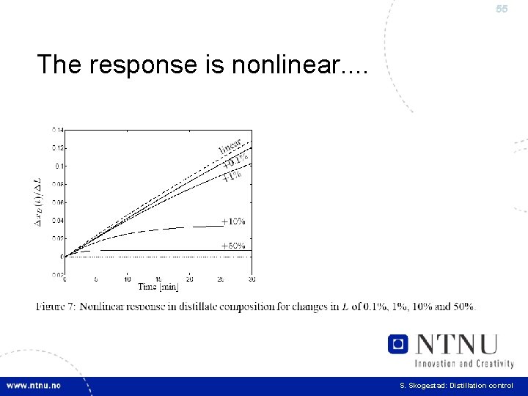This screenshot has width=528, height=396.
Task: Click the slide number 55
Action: pyautogui.click(x=502, y=10)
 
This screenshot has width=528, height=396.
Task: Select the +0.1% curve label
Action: pyautogui.click(x=235, y=161)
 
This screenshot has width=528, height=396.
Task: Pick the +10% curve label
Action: pyautogui.click(x=233, y=221)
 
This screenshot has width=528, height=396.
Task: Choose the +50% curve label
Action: pyautogui.click(x=233, y=246)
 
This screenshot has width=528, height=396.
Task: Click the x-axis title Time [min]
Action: pyautogui.click(x=158, y=286)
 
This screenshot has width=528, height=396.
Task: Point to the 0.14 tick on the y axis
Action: pyautogui.click(x=57, y=130)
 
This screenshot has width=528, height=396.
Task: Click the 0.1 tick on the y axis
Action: pyautogui.click(x=59, y=166)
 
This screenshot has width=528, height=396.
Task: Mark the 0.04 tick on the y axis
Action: pyautogui.click(x=57, y=220)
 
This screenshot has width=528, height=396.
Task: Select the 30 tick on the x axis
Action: pyautogui.click(x=252, y=279)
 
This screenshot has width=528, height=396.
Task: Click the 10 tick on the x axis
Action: pyautogui.click(x=128, y=279)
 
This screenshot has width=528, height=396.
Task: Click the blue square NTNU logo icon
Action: pyautogui.click(x=398, y=344)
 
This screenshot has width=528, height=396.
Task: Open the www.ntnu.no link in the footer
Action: pyautogui.click(x=34, y=386)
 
